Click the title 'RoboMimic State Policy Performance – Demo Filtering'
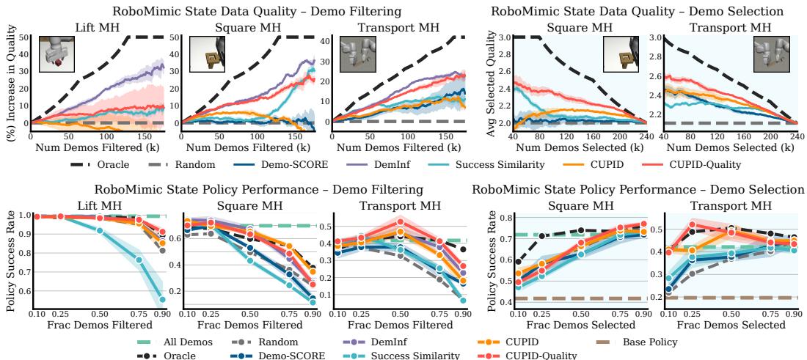pyautogui.click(x=258, y=189)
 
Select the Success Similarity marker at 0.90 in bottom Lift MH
pyautogui.click(x=162, y=299)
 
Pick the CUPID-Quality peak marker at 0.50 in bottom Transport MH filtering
pyautogui.click(x=400, y=221)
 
